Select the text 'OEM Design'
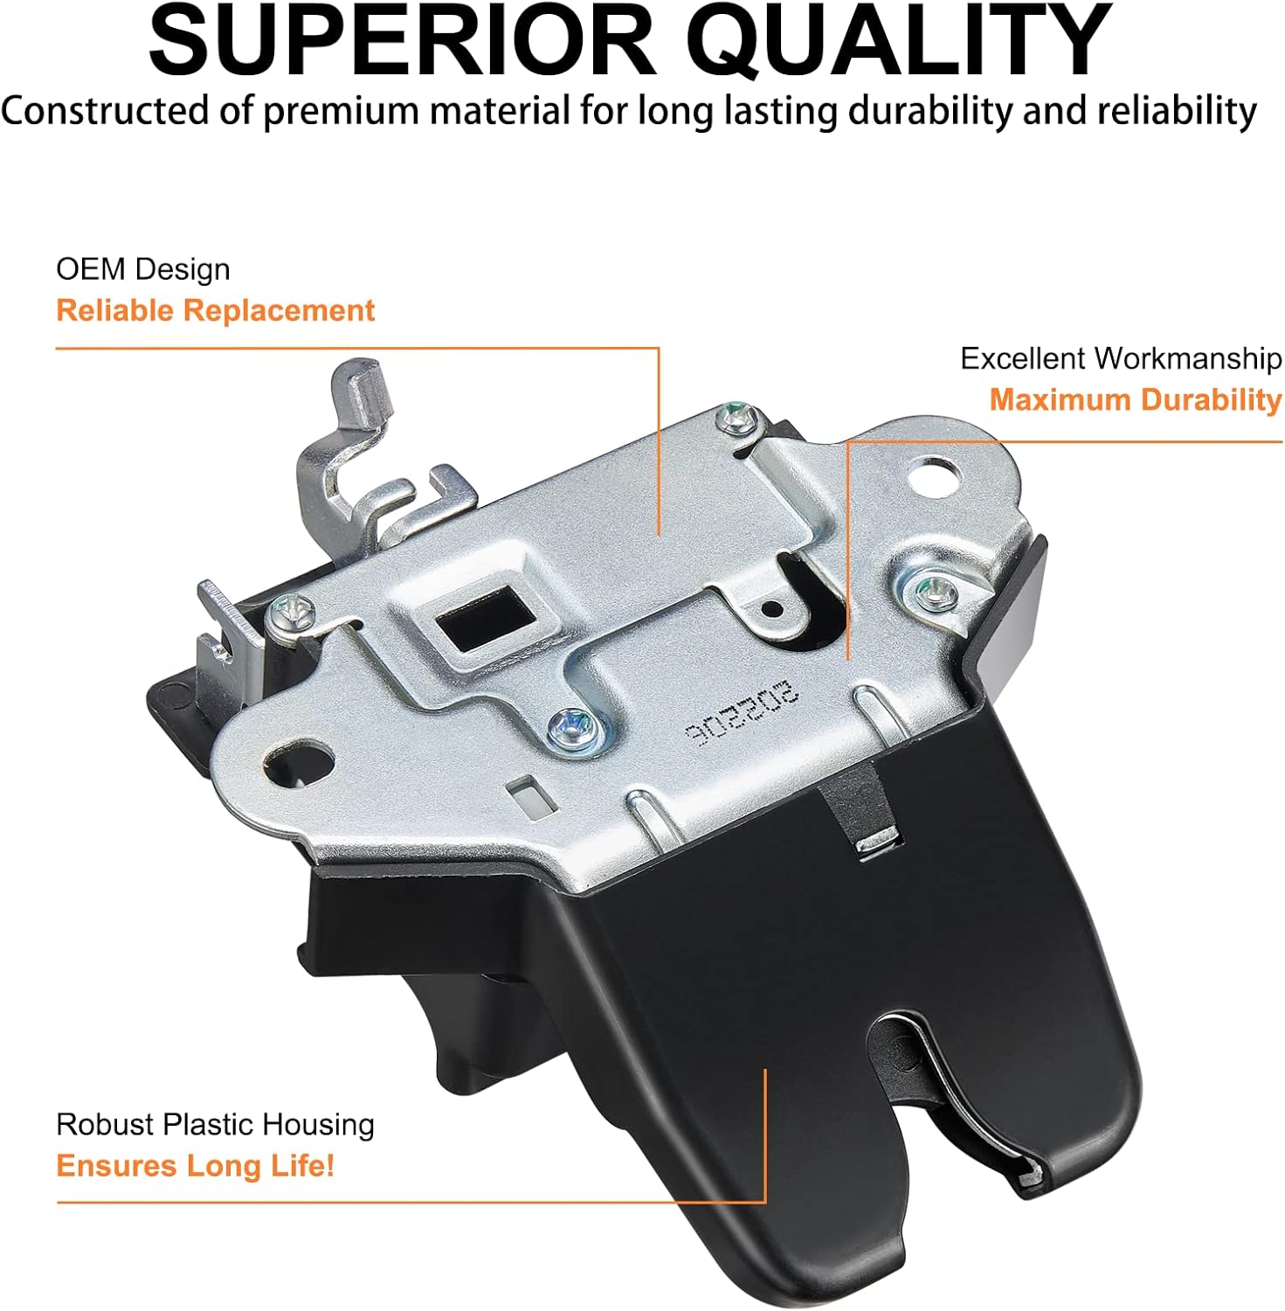(143, 269)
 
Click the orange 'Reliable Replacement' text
(215, 310)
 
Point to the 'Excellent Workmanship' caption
(1121, 358)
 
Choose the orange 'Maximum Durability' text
(1135, 399)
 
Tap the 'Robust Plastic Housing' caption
(215, 1124)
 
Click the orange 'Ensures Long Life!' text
(195, 1165)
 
